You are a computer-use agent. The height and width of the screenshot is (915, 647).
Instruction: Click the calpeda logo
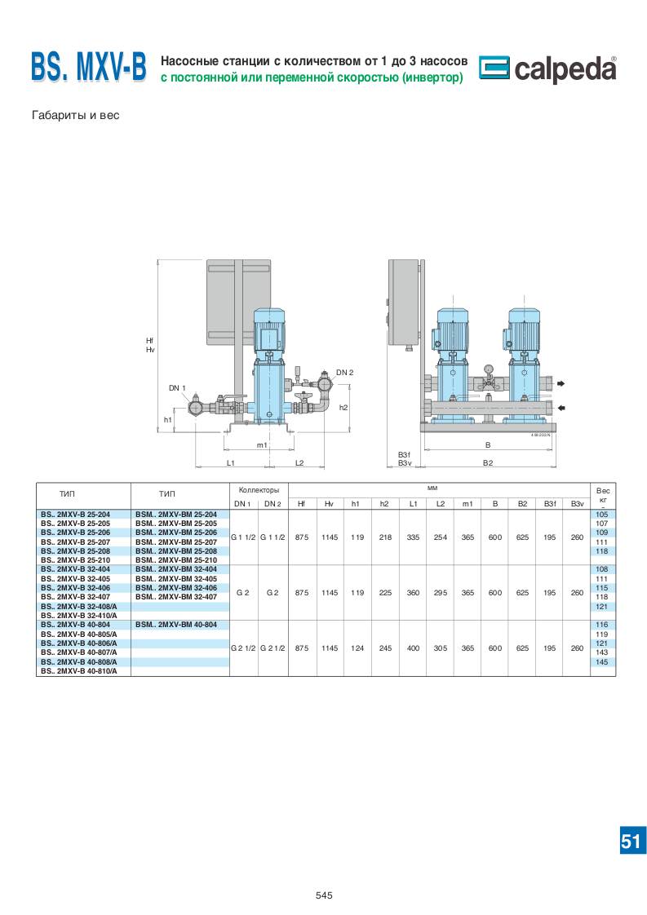[x=547, y=69]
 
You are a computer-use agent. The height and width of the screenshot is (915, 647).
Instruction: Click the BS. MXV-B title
[x=89, y=68]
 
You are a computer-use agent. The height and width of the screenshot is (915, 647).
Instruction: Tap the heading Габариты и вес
[x=75, y=116]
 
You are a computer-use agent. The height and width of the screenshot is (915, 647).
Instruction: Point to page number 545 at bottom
[x=323, y=895]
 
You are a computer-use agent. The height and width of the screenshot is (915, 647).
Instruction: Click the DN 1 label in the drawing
[x=177, y=388]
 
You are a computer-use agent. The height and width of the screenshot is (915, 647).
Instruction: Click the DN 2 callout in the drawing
[x=344, y=373]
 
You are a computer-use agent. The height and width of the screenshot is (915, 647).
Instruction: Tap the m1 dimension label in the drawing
[x=262, y=445]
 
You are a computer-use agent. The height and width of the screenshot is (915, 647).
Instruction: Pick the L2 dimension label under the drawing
[x=299, y=462]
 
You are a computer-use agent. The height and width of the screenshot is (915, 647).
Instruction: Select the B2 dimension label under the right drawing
[x=488, y=462]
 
